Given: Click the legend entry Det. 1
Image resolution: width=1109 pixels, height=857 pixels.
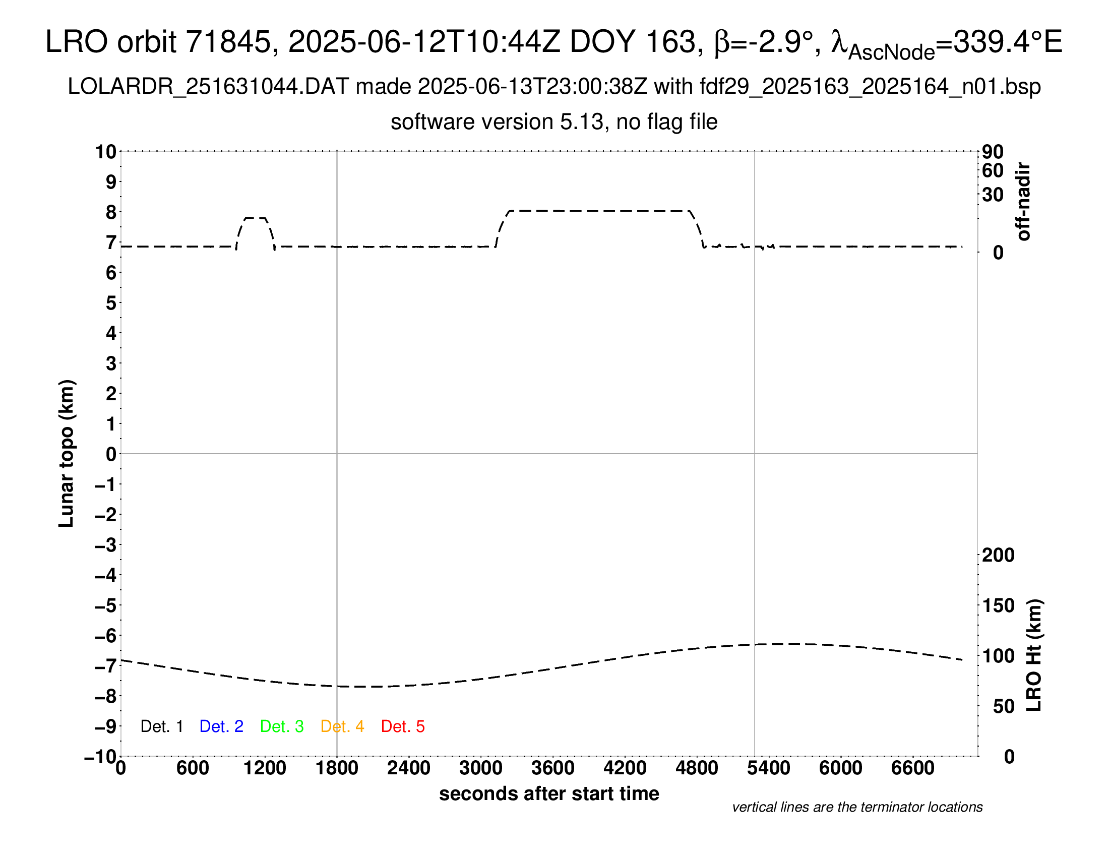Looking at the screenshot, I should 161,726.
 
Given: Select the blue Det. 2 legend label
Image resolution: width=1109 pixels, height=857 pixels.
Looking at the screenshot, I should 221,726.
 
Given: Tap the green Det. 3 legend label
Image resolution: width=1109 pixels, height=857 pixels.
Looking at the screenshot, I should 282,726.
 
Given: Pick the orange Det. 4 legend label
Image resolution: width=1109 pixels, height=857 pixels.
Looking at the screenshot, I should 342,726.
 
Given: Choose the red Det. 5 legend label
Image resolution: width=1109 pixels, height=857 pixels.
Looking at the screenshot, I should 403,726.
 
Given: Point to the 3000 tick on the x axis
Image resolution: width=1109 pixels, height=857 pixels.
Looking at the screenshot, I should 480,768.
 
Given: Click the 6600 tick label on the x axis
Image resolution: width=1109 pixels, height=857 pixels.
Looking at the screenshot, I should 912,768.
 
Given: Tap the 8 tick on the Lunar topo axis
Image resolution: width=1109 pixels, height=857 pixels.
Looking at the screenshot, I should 111,212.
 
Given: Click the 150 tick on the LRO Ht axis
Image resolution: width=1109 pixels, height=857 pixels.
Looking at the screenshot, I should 998,605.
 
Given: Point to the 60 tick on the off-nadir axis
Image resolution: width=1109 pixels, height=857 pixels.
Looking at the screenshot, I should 993,170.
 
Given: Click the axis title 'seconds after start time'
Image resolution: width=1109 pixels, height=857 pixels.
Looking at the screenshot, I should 549,793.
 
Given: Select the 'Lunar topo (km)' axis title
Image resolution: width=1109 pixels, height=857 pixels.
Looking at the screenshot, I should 67,453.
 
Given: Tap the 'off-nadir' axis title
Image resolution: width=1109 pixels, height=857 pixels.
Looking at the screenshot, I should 1024,202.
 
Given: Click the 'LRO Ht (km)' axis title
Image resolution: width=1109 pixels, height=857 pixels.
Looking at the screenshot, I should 1034,655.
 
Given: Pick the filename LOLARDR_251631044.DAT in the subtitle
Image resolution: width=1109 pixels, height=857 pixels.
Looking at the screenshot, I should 208,87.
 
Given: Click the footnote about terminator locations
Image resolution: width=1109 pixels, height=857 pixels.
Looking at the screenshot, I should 857,807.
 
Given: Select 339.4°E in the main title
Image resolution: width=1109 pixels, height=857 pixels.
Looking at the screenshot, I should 1008,42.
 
